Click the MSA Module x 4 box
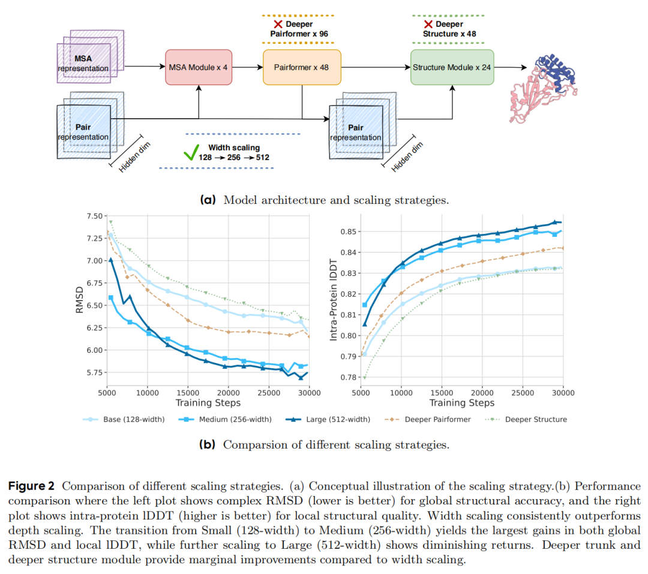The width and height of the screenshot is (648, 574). tap(198, 67)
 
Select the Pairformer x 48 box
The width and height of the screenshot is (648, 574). tap(302, 67)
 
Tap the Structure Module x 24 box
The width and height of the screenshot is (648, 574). tap(452, 67)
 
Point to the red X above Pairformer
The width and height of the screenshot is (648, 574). tap(278, 25)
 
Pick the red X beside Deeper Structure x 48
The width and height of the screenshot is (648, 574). tap(428, 25)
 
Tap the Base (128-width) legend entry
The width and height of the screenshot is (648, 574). tap(123, 419)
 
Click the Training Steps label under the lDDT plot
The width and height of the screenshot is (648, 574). tap(461, 403)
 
